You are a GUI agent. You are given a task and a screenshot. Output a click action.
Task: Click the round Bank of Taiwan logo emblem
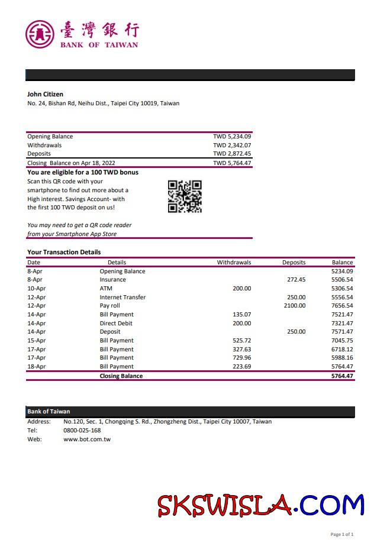pos(40,34)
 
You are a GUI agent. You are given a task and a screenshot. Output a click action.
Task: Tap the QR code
pos(185,196)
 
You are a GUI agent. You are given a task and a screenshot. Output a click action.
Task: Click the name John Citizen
pos(45,94)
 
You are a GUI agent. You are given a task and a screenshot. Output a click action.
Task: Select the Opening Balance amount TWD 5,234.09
pos(232,137)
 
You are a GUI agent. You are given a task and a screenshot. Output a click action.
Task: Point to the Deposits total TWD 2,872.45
pos(232,154)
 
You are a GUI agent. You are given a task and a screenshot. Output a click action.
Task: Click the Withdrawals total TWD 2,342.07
pos(232,146)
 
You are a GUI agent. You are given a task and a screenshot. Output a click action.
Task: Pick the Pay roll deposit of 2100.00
pos(295,306)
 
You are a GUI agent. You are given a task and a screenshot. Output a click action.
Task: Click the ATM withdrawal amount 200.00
pos(241,289)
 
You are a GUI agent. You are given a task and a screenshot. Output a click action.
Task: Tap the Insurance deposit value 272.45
pos(296,280)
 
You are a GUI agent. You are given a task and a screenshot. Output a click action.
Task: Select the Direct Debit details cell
pos(116,324)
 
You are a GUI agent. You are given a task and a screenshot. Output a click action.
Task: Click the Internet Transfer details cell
pos(123,298)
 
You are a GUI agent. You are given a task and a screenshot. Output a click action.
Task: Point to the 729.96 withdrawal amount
pos(241,358)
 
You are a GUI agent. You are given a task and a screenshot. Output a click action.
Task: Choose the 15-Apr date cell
pos(36,341)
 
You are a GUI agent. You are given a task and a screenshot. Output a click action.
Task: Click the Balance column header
pos(342,263)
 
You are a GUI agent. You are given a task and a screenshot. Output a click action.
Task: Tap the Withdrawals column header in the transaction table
pos(234,263)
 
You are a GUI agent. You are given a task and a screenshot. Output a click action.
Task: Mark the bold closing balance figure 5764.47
pos(342,376)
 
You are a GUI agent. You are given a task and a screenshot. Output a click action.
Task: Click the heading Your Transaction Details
pos(64,253)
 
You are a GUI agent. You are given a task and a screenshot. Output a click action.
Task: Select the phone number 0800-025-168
pos(82,431)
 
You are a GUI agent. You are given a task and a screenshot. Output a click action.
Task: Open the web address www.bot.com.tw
pos(87,439)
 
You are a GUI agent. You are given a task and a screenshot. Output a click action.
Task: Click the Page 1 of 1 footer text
pos(342,535)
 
